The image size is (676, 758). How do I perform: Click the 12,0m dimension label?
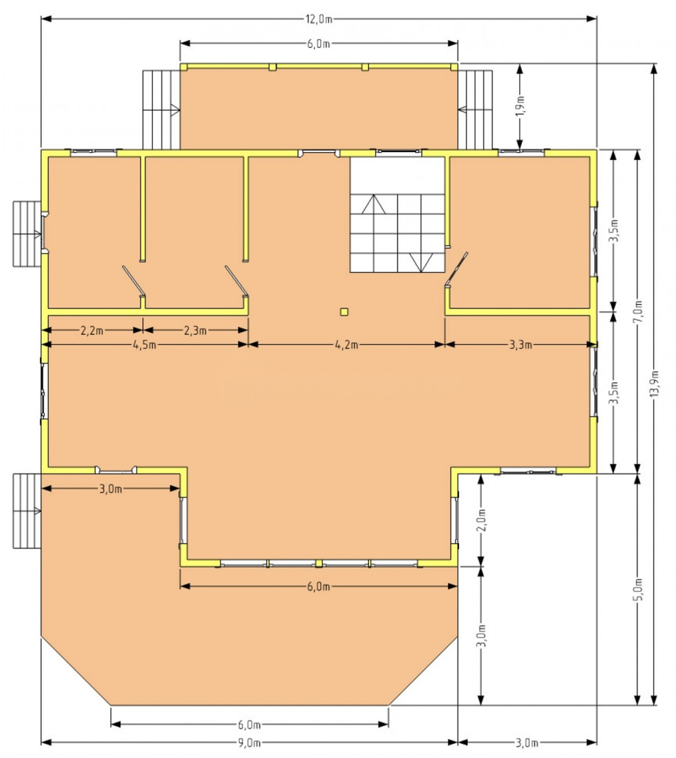pos(318,19)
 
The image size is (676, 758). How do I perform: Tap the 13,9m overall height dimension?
pos(654,384)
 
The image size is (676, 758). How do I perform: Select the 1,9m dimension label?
pos(520,106)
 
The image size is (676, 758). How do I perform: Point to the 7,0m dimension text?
pos(638,312)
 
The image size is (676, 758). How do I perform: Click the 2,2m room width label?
pos(92,331)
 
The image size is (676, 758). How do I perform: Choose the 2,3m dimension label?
pos(195,331)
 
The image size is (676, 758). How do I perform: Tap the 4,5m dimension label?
pos(144,345)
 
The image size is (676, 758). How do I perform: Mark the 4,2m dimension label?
pos(347,345)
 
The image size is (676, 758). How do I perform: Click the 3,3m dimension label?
pos(521,345)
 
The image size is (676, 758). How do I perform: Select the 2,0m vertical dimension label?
pos(481,520)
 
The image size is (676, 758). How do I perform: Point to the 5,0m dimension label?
pos(638,589)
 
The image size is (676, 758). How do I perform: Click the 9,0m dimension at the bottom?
pos(249,742)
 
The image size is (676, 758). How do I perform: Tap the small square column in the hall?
pos(344,312)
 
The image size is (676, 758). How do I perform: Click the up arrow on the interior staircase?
pos(374,204)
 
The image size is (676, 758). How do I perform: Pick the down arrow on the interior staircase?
pos(421,262)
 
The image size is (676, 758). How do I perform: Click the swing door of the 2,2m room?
pos(134,281)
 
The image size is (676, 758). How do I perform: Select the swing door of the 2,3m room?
pos(237,281)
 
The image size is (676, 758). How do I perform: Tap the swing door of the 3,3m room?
pos(456,270)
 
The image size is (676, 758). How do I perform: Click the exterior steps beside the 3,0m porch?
pos(27,511)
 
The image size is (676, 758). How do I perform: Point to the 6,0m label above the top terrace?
pos(318,43)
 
